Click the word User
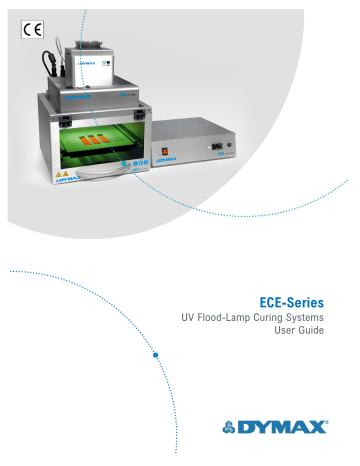[291, 336]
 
